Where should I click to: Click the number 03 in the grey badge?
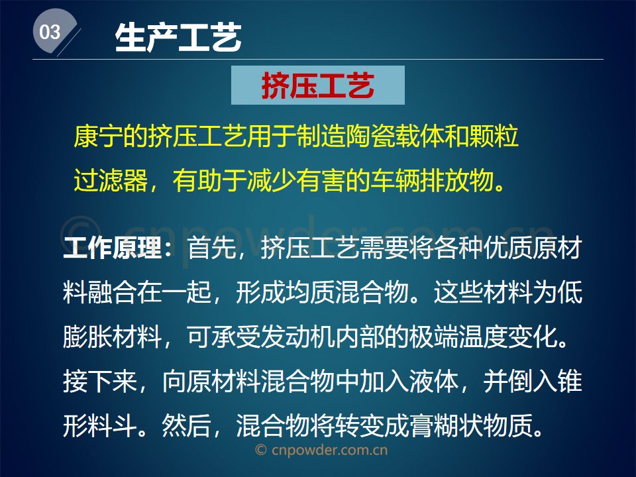coord(50,32)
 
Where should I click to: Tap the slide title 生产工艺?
coord(178,37)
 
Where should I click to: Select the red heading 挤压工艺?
coord(317,85)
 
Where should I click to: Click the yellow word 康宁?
coord(98,136)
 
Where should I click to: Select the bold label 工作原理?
coord(113,247)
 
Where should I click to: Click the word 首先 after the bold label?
coord(211,247)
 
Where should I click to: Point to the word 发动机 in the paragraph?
coord(297,337)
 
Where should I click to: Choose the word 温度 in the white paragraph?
coord(484,337)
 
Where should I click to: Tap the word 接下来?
coord(100,382)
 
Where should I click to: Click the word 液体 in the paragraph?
coord(434,382)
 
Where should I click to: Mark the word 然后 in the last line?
coord(187,425)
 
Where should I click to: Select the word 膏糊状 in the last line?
coord(446,425)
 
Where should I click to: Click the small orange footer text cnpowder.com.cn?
coord(329,450)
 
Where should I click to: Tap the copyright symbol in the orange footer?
coord(261,450)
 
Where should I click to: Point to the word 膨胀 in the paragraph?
coord(87,337)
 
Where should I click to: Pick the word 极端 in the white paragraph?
coord(434,337)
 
